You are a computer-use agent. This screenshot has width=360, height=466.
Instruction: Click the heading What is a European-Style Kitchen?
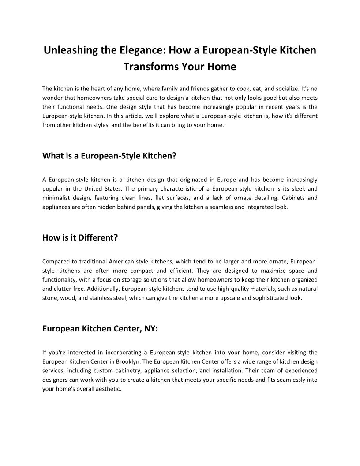[109, 156]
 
